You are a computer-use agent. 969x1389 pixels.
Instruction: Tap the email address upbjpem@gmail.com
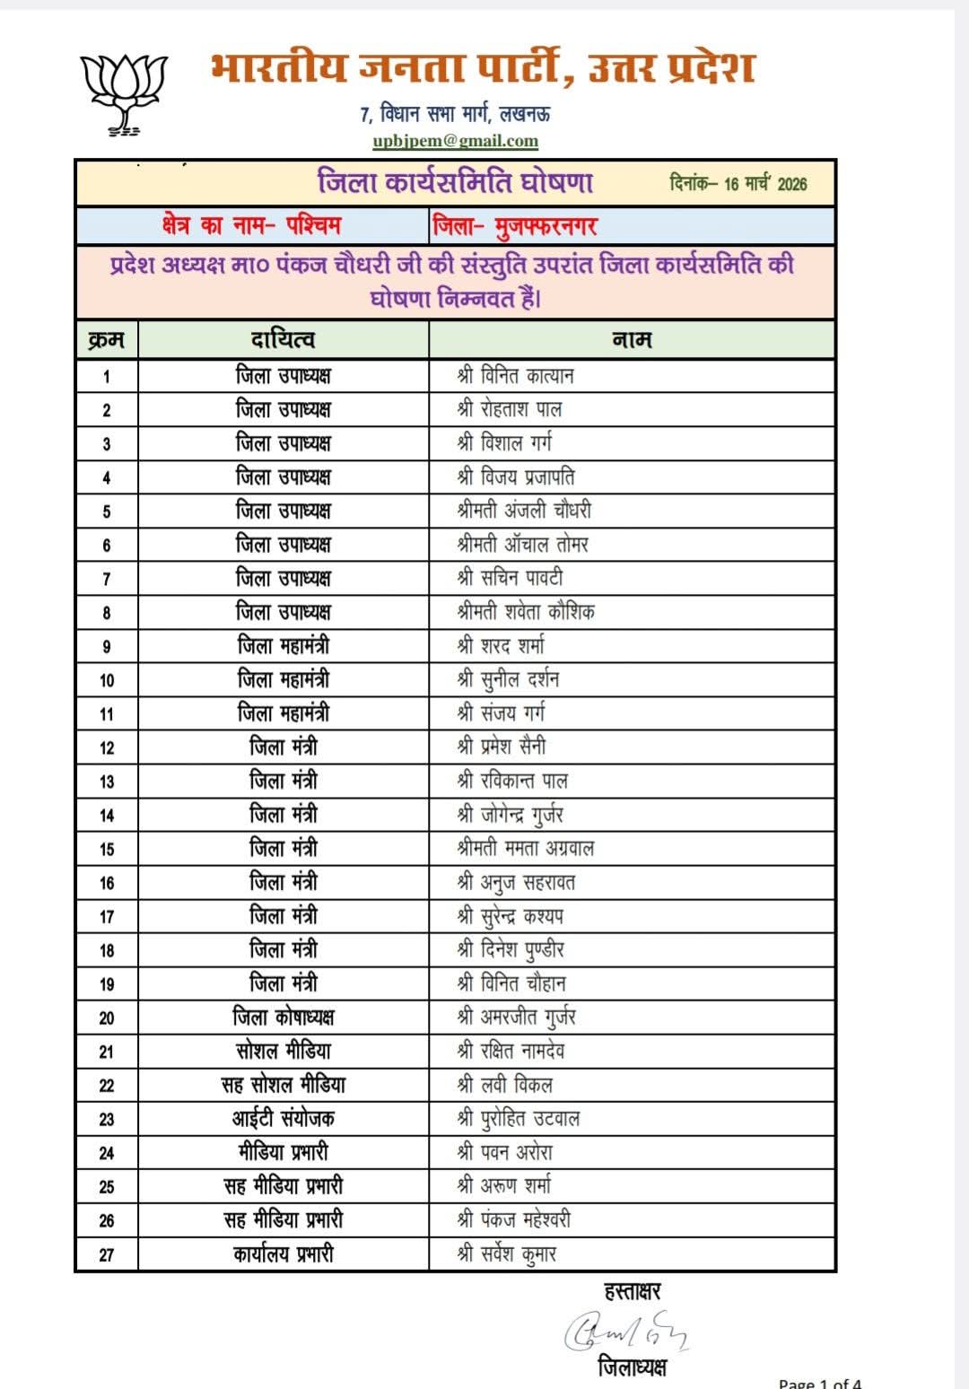[456, 141]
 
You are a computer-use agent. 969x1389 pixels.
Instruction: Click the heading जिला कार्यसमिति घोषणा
[456, 182]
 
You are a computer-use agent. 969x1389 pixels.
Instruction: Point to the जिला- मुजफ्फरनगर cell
[514, 225]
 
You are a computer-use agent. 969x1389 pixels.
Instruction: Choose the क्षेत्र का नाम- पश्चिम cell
[251, 225]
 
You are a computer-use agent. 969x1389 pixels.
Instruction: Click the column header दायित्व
[283, 340]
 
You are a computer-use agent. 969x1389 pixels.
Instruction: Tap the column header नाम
[632, 340]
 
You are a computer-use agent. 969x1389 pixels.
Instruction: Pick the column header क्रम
[106, 340]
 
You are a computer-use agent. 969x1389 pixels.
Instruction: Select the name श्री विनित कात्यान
[515, 375]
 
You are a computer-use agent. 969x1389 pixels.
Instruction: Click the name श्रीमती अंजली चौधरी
[524, 511]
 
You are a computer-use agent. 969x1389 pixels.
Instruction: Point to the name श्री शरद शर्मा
[501, 646]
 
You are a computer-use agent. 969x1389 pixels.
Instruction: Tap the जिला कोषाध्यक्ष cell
[283, 1018]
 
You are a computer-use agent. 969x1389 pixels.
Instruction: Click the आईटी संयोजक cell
[283, 1119]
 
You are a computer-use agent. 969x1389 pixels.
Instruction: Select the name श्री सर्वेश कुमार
[507, 1254]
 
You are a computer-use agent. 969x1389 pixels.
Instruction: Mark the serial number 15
[107, 849]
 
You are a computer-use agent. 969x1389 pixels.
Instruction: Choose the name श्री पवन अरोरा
[504, 1153]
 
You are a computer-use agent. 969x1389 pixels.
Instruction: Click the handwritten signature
[626, 1332]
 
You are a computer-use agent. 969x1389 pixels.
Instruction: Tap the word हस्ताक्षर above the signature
[632, 1291]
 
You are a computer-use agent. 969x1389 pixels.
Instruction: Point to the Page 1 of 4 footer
[819, 1383]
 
